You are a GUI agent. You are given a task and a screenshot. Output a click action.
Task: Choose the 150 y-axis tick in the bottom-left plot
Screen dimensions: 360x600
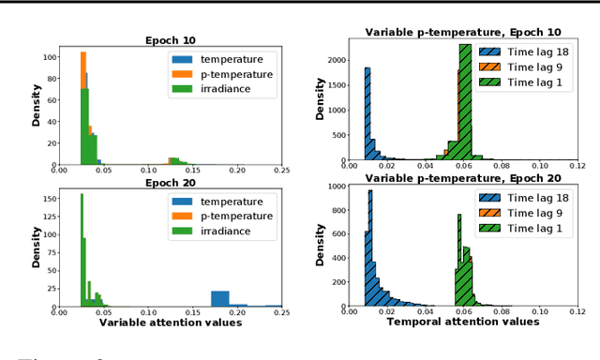[x=47, y=198]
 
